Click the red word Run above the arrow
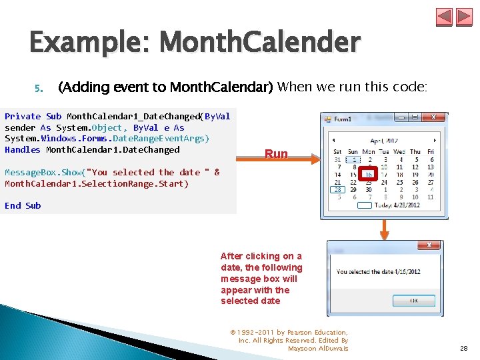(x=276, y=154)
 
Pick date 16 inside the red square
(x=369, y=175)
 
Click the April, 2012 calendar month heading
(x=384, y=141)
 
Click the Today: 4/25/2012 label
(x=399, y=205)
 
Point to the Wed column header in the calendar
(x=399, y=152)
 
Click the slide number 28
(x=463, y=348)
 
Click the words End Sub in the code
(x=23, y=206)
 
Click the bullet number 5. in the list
(x=38, y=87)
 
